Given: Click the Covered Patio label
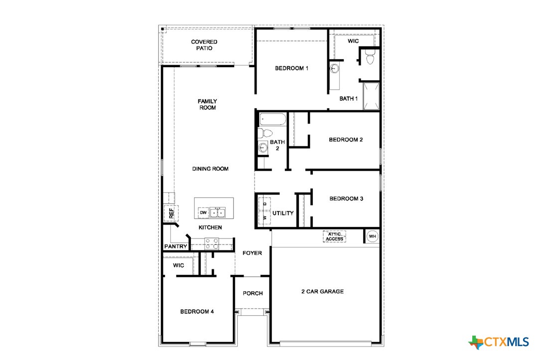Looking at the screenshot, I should click(204, 45).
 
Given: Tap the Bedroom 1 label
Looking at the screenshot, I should click(291, 68).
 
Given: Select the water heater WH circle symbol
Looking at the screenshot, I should click(372, 236).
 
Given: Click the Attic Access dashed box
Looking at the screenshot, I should click(334, 237).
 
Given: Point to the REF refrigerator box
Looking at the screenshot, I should click(171, 214).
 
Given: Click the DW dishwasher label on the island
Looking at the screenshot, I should click(203, 213).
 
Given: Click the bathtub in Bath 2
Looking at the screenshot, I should click(272, 120).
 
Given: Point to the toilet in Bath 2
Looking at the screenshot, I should click(265, 133).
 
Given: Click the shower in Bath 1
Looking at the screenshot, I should click(371, 97).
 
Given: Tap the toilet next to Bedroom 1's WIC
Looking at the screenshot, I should click(370, 59).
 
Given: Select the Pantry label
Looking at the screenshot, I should click(176, 246).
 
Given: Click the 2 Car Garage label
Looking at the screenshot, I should click(322, 291).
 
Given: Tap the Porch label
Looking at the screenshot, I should click(253, 293).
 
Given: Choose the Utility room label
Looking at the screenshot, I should click(283, 213).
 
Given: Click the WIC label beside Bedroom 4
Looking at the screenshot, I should click(179, 266).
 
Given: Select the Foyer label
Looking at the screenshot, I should click(252, 253).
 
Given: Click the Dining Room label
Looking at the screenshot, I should click(210, 169).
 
